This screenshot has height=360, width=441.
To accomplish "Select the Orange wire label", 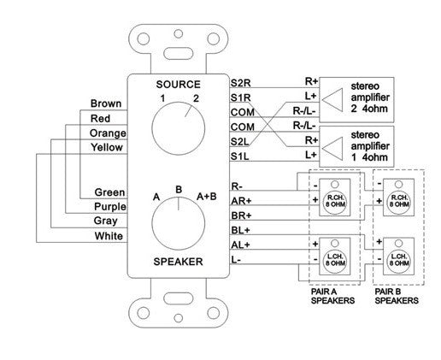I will point(107,133).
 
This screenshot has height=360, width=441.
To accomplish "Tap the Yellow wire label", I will point(109,148).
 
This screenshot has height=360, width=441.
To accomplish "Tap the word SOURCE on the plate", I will point(177,84).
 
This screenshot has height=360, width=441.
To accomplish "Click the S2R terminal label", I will point(242,83).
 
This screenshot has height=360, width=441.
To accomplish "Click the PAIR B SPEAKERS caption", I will point(397,298).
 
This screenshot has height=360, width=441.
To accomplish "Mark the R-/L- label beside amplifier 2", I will point(304,111).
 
